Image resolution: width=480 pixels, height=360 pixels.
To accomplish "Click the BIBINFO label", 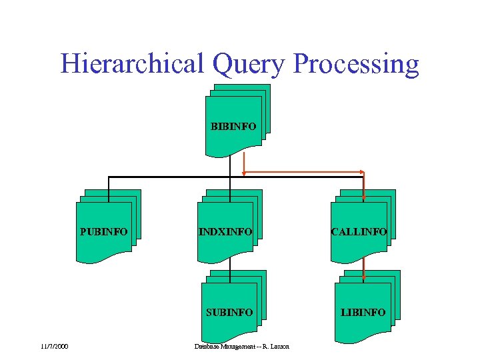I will tap(233, 126).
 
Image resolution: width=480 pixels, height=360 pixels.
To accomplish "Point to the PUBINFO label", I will tap(103, 232).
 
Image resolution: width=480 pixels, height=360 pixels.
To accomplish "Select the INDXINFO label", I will tap(225, 232).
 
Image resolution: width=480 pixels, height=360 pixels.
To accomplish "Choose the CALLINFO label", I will tap(359, 232).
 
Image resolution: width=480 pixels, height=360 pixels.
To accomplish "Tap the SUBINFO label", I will tap(229, 312).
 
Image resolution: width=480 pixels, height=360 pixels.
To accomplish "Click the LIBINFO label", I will tap(363, 312).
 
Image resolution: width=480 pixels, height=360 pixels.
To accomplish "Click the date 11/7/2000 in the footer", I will tap(54, 347).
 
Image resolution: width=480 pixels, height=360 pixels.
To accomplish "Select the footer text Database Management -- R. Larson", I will tap(241, 347).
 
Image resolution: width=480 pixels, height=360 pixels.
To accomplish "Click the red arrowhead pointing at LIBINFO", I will tap(364, 278).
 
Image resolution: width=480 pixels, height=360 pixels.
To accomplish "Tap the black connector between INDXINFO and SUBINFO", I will tap(230, 261).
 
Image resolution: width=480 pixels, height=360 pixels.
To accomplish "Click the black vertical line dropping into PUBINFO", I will tap(109, 185).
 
